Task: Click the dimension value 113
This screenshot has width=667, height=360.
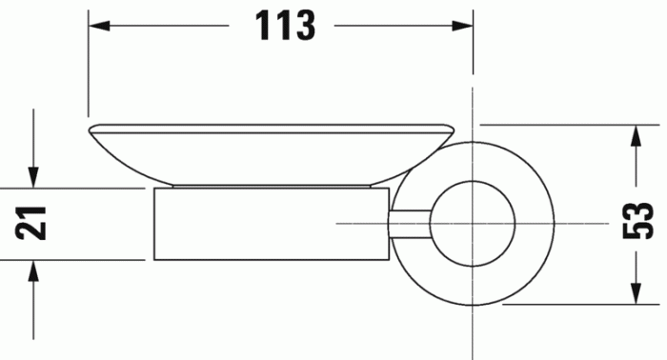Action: pyautogui.click(x=285, y=26)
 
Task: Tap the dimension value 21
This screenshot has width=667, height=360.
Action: pyautogui.click(x=34, y=224)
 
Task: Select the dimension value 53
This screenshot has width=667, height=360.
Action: pyautogui.click(x=641, y=222)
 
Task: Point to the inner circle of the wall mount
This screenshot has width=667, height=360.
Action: pyautogui.click(x=474, y=223)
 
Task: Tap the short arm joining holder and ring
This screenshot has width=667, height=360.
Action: pyautogui.click(x=410, y=223)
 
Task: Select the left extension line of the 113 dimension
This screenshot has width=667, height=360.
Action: pyautogui.click(x=88, y=67)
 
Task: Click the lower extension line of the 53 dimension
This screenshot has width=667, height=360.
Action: pyautogui.click(x=572, y=305)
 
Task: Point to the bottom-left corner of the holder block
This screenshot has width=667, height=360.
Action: pyautogui.click(x=153, y=260)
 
